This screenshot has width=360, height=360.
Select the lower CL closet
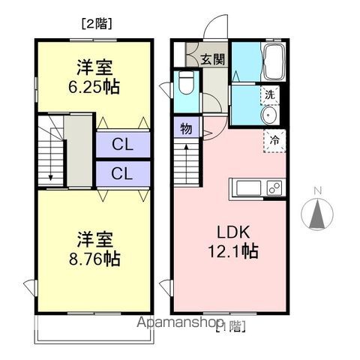(x=123, y=173)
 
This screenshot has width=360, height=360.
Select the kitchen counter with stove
(x=257, y=187)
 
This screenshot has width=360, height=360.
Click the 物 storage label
(x=186, y=129)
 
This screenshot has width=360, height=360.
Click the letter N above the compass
(x=317, y=190)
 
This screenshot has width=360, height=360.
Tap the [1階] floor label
(x=229, y=325)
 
